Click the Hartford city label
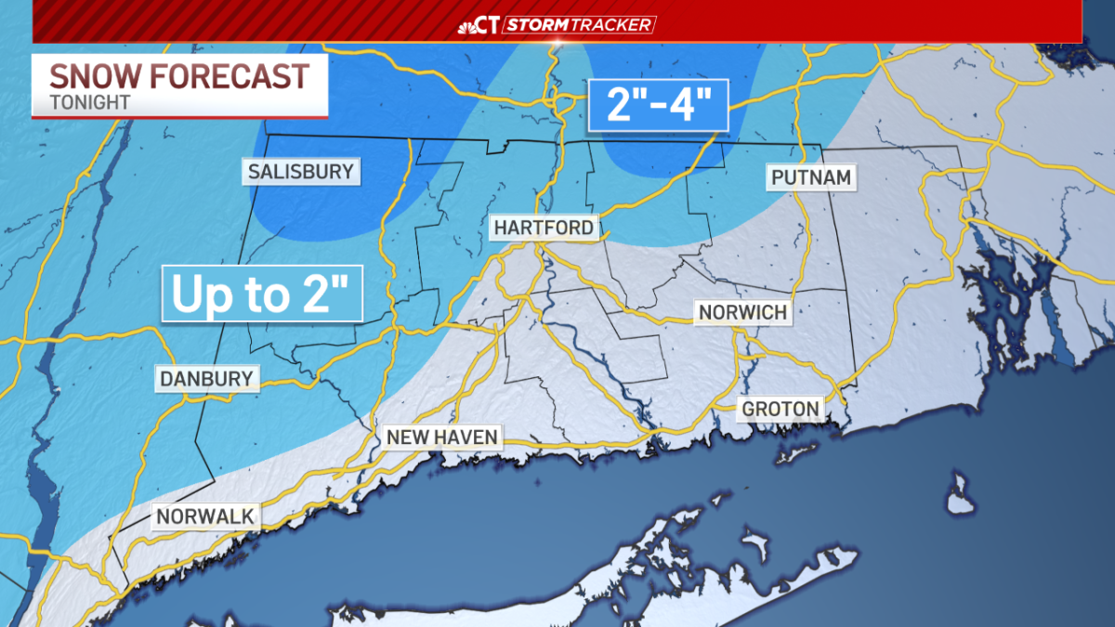click(x=544, y=228)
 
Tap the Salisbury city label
click(x=300, y=172)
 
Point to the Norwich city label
click(x=743, y=312)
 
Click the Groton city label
click(x=780, y=408)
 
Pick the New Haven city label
click(x=441, y=437)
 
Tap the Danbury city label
click(x=206, y=378)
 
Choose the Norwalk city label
click(x=204, y=516)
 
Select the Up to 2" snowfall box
click(x=261, y=294)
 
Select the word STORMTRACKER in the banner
click(x=581, y=25)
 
